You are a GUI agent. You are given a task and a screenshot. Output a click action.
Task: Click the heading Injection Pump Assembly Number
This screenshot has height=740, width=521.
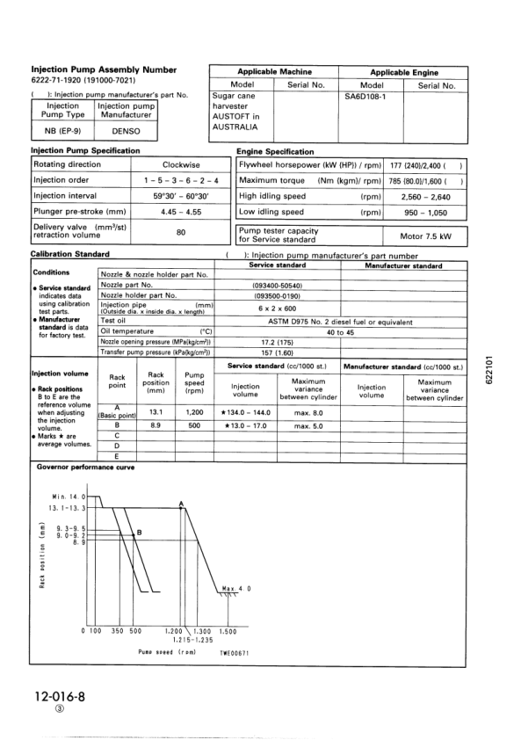(104, 69)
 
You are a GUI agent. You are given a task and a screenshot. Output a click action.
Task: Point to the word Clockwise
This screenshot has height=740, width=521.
(181, 164)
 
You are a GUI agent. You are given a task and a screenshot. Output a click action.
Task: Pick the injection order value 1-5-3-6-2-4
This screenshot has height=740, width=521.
(181, 180)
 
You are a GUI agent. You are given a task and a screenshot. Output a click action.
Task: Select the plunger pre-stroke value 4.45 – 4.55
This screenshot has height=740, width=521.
(181, 212)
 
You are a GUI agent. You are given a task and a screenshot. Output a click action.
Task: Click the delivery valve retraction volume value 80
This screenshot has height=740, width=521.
(181, 232)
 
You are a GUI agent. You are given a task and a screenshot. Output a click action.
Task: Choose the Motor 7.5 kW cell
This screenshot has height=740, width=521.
(425, 236)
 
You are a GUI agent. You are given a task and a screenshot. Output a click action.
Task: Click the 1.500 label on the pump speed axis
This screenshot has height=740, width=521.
(228, 631)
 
